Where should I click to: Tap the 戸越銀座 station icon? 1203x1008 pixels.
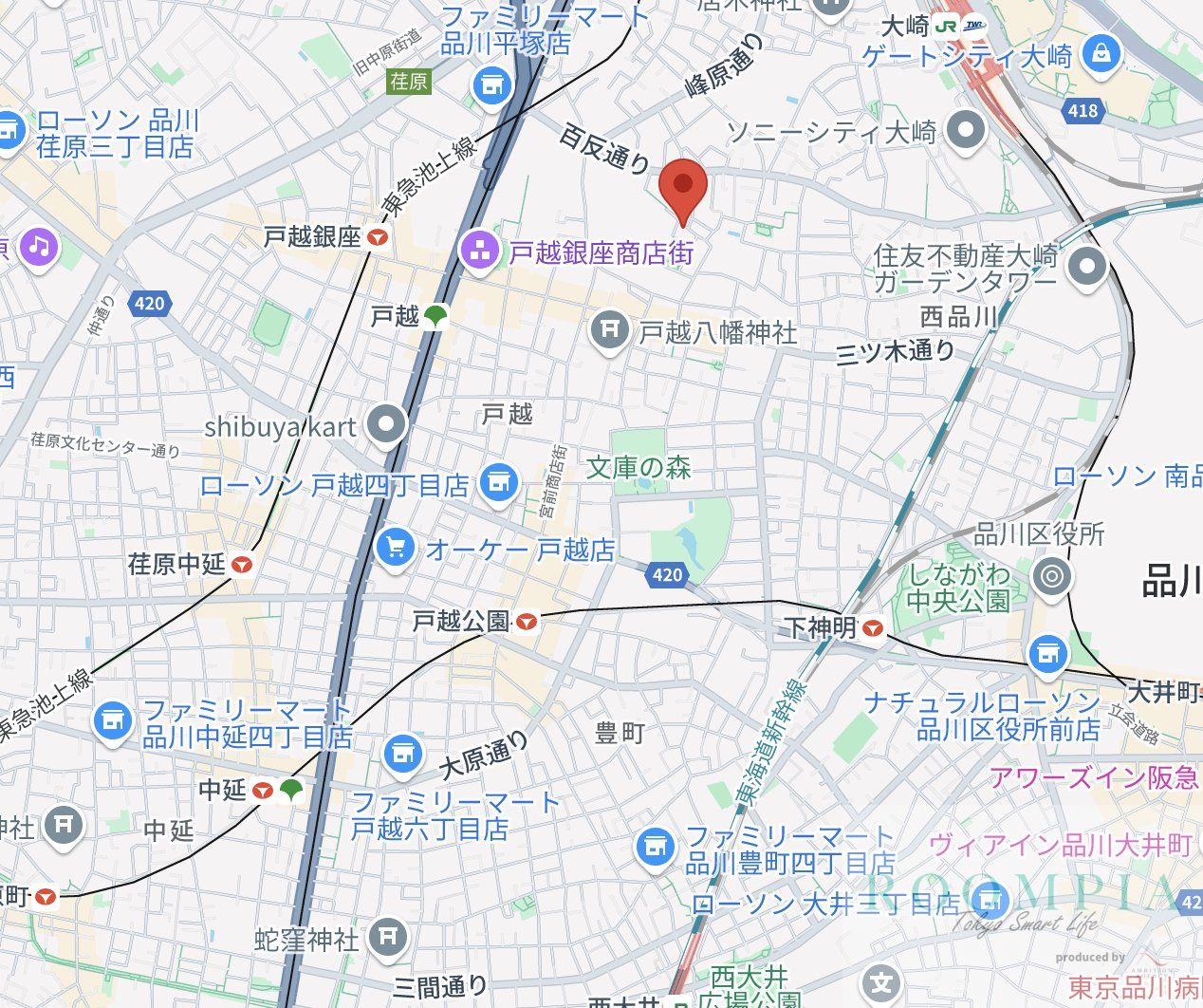tap(379, 238)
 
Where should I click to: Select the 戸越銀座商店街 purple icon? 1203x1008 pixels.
tap(477, 252)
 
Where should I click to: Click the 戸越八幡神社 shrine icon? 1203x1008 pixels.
tap(608, 331)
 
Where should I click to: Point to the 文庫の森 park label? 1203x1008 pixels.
tap(639, 467)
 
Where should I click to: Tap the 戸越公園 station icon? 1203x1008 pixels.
tap(527, 622)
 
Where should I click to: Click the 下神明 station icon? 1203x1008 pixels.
tap(873, 627)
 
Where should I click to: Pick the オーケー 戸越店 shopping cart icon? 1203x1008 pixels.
tap(395, 548)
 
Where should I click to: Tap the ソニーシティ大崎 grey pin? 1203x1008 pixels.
tap(966, 131)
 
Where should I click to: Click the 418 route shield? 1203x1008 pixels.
tap(1083, 110)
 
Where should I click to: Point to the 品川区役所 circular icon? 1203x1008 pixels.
tap(1050, 575)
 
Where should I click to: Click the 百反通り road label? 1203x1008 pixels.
tap(603, 149)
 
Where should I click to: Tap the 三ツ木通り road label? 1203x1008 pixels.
tap(895, 352)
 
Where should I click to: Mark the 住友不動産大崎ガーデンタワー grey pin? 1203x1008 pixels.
tap(1087, 267)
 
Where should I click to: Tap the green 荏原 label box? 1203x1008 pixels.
tap(409, 82)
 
